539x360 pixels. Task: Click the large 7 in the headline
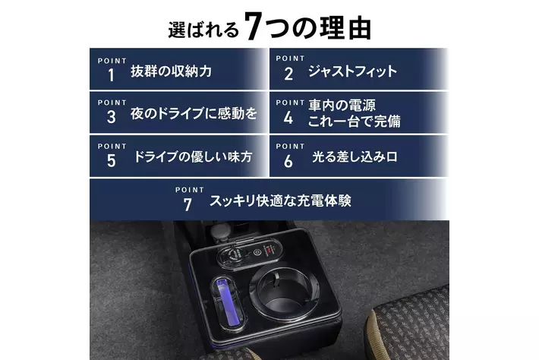[254, 26]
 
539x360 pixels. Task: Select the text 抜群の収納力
[171, 71]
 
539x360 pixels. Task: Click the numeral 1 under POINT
[111, 75]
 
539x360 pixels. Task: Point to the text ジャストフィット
[352, 71]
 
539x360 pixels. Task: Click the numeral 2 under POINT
[288, 74]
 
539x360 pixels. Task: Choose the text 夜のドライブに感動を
[194, 113]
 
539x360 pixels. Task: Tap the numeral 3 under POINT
[111, 117]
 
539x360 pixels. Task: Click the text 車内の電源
[342, 106]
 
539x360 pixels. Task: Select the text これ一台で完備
[354, 122]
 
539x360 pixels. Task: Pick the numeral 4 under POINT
[288, 118]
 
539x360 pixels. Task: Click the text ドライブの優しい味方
[193, 156]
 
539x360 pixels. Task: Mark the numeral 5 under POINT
[111, 161]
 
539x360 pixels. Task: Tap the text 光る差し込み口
[355, 156]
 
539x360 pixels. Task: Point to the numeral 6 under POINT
[288, 161]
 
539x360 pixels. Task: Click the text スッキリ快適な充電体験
[280, 201]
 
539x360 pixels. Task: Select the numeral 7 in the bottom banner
[188, 205]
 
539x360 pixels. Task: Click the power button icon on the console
[256, 252]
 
